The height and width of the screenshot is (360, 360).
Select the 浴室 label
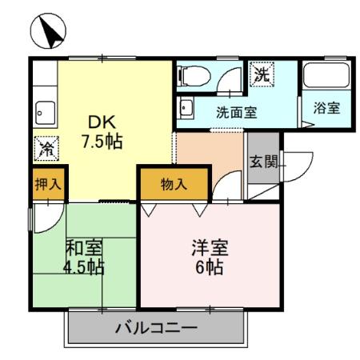(x=326, y=107)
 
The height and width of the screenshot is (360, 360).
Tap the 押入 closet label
(x=48, y=183)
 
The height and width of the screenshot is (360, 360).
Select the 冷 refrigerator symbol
(x=46, y=149)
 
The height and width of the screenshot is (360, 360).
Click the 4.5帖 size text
(x=84, y=266)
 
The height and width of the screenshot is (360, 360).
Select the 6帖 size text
(x=210, y=266)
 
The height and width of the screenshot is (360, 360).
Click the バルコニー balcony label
(x=155, y=328)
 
